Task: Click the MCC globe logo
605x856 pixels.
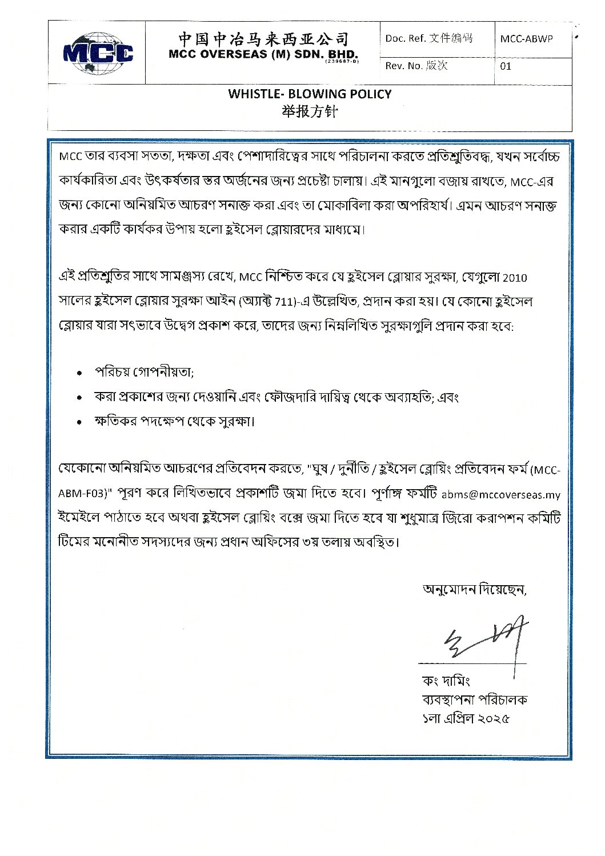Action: click(98, 52)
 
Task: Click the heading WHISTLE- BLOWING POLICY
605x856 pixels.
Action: click(310, 94)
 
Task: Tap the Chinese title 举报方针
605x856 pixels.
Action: click(310, 112)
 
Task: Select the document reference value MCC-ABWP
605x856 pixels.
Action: click(527, 39)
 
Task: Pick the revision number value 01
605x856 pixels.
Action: click(506, 66)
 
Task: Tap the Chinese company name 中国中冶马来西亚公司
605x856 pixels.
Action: click(263, 38)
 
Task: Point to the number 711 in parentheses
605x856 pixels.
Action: click(291, 302)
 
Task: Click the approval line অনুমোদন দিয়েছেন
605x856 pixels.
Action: click(474, 590)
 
